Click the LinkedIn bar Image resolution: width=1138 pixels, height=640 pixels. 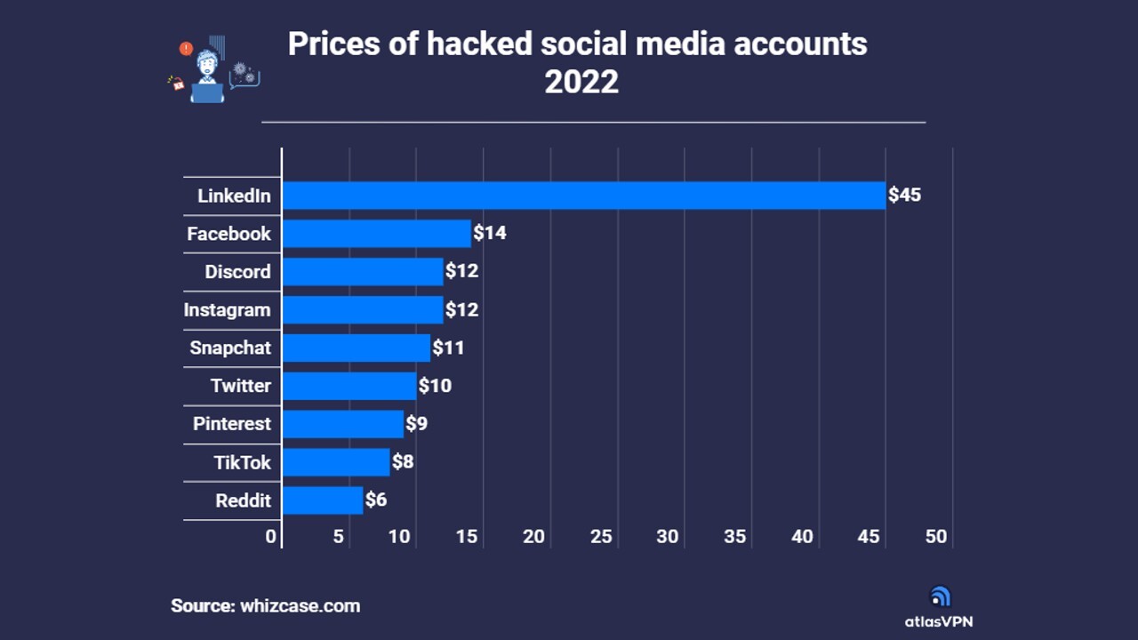coord(584,196)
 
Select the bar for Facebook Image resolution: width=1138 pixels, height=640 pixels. coord(376,234)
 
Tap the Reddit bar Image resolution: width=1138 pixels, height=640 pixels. coord(323,500)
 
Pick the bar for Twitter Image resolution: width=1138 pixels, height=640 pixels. coord(349,386)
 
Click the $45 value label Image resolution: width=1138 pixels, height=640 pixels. coord(905,195)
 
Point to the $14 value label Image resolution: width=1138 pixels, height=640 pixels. coord(490,233)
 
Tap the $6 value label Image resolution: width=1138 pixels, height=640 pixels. coord(376,500)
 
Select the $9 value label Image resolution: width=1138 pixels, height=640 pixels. coord(417,423)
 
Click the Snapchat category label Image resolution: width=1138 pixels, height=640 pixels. coord(230,348)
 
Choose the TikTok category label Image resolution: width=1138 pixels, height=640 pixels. coord(242,462)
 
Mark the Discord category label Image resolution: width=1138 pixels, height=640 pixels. coord(237,272)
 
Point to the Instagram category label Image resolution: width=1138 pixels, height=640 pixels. coord(227,310)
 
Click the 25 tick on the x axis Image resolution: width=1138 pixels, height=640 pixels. coord(601,537)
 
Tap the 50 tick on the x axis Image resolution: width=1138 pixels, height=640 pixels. coord(936,537)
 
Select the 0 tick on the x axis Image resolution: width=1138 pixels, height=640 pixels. coord(271,537)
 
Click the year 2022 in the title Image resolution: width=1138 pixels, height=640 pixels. coord(581,82)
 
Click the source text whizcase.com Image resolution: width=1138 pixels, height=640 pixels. coord(301,606)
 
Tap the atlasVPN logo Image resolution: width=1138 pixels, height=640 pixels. coord(940,608)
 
